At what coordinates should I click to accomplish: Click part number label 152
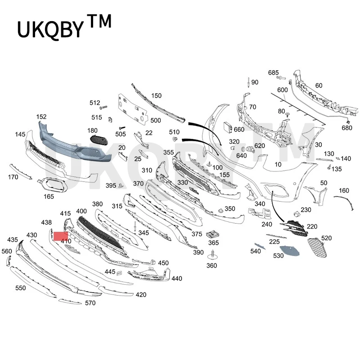click(41, 117)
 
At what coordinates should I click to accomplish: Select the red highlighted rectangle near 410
click(61, 235)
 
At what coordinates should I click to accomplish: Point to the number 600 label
click(282, 90)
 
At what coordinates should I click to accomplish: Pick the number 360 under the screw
click(211, 265)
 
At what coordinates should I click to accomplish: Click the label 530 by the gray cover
click(279, 256)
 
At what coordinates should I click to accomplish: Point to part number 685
click(274, 72)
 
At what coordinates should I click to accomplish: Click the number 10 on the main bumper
click(278, 164)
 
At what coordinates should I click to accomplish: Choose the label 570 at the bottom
click(90, 303)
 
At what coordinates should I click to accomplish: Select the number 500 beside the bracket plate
click(155, 121)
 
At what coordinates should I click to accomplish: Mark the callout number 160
click(343, 190)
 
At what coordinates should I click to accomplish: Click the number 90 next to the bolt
click(255, 82)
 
